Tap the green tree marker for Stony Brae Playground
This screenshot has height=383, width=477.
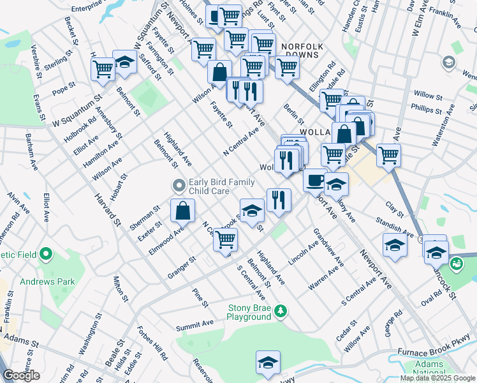(x=280, y=312)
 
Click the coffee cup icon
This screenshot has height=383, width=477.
(x=314, y=180)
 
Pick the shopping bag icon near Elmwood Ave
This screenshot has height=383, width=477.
(x=182, y=210)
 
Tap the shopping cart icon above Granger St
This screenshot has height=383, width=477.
(x=225, y=239)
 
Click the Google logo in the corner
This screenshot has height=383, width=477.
(x=21, y=375)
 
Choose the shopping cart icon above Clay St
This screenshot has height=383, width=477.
(x=388, y=154)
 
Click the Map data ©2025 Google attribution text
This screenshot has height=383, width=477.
(x=437, y=378)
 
